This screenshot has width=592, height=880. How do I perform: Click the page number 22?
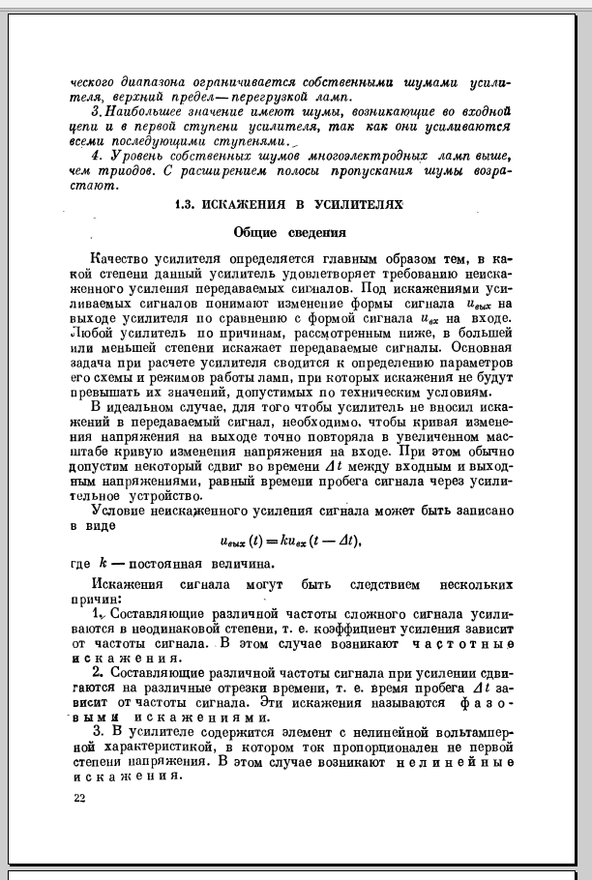tap(79, 798)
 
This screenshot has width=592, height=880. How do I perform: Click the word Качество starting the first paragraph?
tap(120, 259)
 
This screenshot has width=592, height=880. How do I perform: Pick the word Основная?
tap(477, 345)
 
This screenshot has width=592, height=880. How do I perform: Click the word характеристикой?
tap(148, 748)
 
